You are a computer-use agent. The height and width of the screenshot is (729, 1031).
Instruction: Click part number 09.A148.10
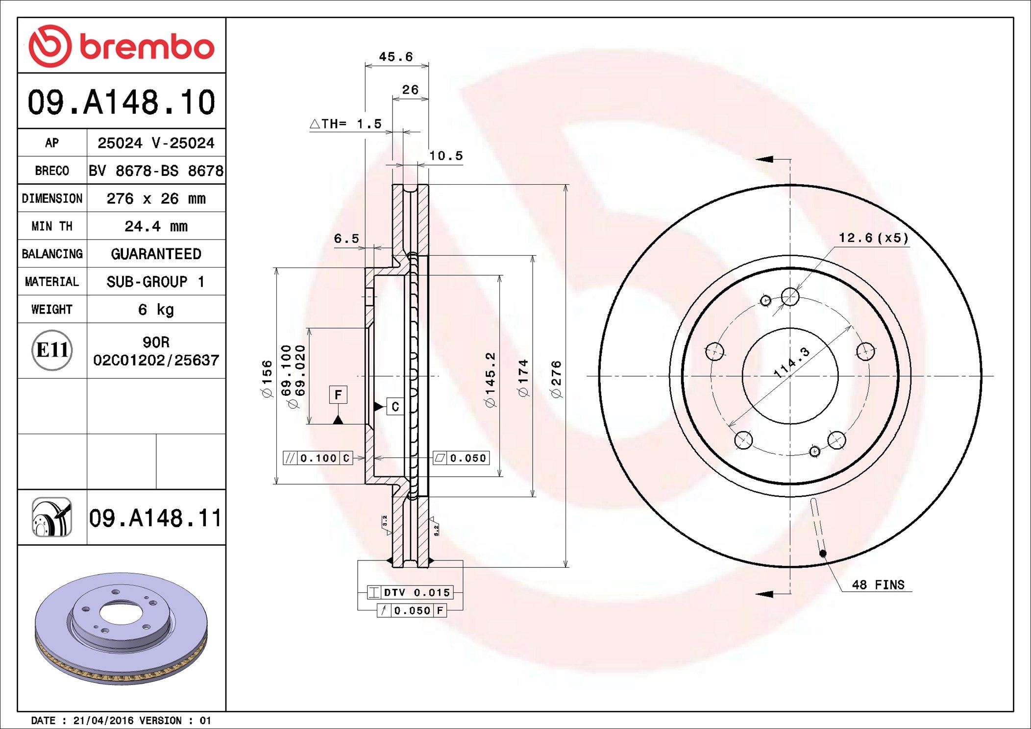[121, 102]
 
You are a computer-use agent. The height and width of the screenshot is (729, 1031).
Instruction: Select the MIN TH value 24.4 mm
[156, 226]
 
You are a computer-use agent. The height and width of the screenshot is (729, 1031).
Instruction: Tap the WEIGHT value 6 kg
[156, 310]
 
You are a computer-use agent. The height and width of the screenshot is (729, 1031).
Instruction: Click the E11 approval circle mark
[52, 350]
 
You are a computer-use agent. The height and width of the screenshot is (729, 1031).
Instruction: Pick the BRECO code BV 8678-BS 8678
[156, 171]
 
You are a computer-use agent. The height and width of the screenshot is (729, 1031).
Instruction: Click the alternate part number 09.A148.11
[155, 518]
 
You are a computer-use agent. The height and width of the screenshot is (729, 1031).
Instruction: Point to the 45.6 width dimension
[396, 57]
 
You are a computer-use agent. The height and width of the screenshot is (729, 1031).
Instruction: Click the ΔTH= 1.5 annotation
[346, 124]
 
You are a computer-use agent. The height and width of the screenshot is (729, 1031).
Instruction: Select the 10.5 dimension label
[446, 156]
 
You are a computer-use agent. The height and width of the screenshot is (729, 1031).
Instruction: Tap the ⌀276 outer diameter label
[556, 379]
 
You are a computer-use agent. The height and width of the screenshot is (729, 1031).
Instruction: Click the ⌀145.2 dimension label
[490, 379]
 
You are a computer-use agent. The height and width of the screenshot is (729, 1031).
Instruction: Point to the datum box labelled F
[338, 395]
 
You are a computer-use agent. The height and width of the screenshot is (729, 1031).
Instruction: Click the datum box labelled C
[395, 407]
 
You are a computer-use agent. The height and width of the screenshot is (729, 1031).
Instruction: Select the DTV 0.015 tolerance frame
[411, 592]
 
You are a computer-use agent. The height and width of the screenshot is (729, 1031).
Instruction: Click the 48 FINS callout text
[878, 585]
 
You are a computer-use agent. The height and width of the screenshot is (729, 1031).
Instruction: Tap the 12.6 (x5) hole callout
[873, 238]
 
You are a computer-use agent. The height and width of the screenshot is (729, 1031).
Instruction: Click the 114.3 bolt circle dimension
[791, 363]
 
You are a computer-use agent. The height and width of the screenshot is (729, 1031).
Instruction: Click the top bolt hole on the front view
[790, 296]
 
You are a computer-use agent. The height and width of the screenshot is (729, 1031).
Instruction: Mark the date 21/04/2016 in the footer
[103, 721]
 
